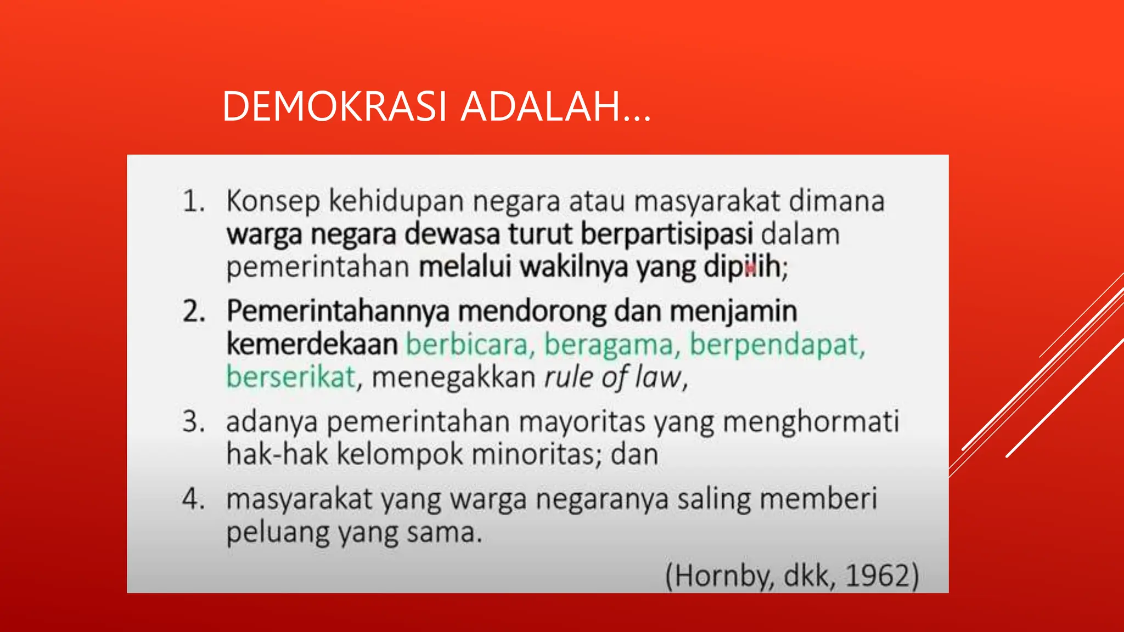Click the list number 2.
coord(193,311)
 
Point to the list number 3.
coord(193,422)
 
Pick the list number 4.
coord(193,499)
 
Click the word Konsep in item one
coord(273,201)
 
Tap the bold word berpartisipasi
coord(666,234)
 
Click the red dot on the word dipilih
coord(750,269)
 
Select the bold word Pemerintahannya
coord(338,311)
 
